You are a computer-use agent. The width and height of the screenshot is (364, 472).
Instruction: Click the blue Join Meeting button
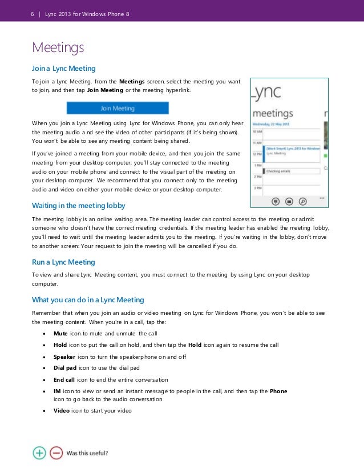coord(118,108)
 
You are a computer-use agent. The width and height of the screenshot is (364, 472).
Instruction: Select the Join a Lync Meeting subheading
coord(63,69)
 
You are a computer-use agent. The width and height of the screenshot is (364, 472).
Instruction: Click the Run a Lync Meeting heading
coord(63,262)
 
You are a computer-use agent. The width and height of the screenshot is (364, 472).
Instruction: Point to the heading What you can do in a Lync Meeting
coord(88,299)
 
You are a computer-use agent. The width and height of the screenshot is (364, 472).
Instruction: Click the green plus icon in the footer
coord(39,453)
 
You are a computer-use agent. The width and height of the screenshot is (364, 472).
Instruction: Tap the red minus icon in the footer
coord(56,453)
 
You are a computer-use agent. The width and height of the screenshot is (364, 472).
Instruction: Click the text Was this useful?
coord(87,453)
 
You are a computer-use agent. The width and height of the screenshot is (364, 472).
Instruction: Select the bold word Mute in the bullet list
coord(60,333)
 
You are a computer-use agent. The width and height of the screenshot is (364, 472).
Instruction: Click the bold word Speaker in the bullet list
coord(64,357)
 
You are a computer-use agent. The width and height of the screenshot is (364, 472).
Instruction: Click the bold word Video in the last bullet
coord(62,411)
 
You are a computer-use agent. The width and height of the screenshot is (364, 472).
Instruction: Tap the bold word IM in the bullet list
coord(57,391)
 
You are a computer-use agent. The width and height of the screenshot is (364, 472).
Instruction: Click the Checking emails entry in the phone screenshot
coord(280,170)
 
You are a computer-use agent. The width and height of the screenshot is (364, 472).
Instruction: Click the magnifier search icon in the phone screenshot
coord(303,201)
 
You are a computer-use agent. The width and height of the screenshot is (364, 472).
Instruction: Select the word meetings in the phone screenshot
coord(273,113)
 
